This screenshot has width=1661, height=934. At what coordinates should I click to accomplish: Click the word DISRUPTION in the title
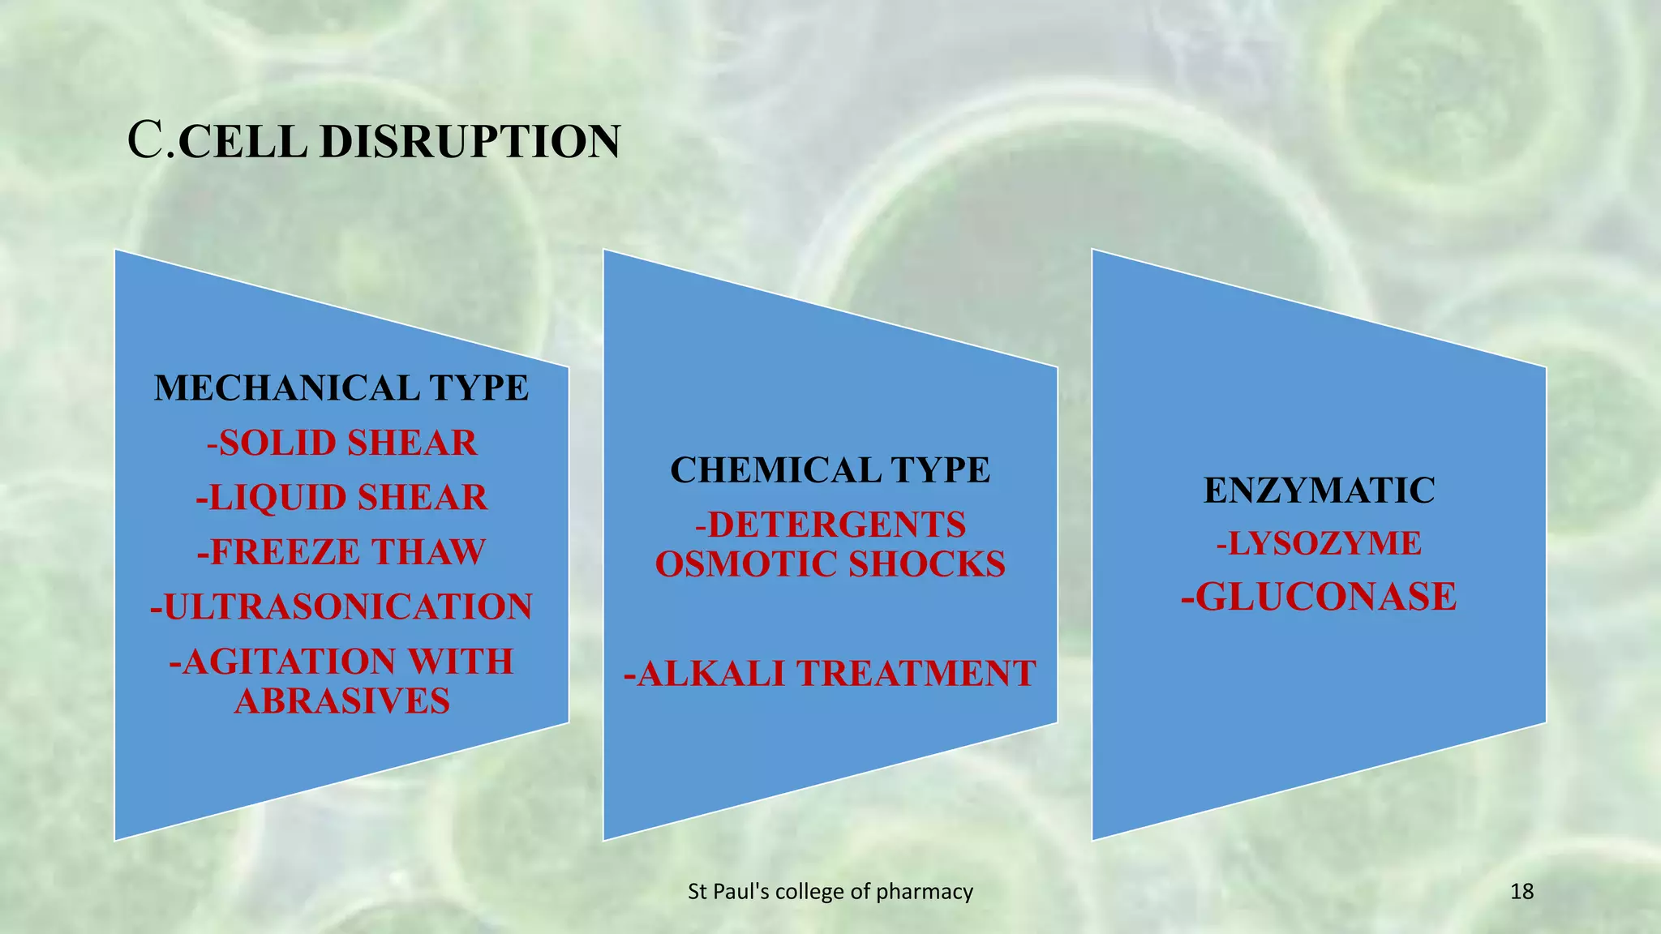[470, 142]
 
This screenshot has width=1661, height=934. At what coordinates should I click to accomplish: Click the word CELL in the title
[242, 142]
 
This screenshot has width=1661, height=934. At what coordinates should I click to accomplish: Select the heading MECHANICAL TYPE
[341, 388]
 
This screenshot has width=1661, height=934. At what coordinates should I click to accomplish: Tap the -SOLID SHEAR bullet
[341, 443]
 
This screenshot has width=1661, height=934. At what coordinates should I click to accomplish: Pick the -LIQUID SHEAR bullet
[341, 498]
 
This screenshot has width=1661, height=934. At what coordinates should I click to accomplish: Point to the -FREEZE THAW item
[341, 552]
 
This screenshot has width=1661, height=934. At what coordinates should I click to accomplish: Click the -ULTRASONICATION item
[341, 607]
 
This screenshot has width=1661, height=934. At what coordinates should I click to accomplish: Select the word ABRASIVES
[341, 701]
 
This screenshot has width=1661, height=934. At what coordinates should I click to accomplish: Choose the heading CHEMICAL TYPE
[830, 470]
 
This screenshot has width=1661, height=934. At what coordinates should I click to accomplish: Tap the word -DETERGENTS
[830, 525]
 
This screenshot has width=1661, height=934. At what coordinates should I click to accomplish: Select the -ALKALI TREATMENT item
[830, 674]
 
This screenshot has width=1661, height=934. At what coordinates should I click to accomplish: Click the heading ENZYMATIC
[1319, 491]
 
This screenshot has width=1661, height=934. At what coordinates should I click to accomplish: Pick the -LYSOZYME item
[1319, 543]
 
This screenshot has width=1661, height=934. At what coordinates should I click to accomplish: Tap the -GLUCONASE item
[1319, 598]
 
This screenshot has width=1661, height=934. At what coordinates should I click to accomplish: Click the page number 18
[1522, 892]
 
